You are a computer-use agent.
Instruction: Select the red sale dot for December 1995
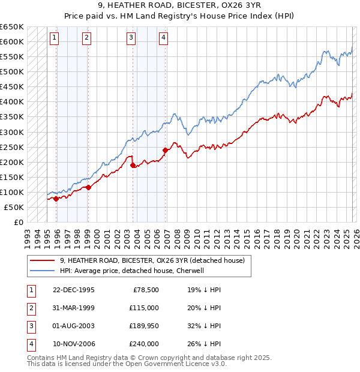56,199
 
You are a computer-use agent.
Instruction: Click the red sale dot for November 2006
164,150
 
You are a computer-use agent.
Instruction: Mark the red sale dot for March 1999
88,187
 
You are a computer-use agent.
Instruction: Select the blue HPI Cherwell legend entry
132,271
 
